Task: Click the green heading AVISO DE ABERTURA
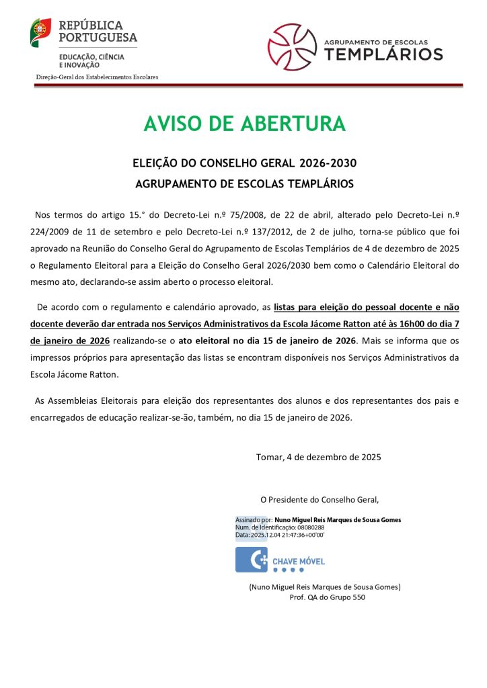(244, 124)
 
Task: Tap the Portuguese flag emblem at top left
(40, 32)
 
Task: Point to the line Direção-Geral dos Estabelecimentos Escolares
(97, 77)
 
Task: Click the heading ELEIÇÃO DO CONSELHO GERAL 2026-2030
(244, 163)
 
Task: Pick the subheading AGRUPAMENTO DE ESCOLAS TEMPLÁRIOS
(244, 183)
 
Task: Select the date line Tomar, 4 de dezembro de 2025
(319, 458)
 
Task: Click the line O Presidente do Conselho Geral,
(320, 499)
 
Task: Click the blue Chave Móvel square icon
(251, 560)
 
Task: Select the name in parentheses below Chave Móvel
(325, 587)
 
